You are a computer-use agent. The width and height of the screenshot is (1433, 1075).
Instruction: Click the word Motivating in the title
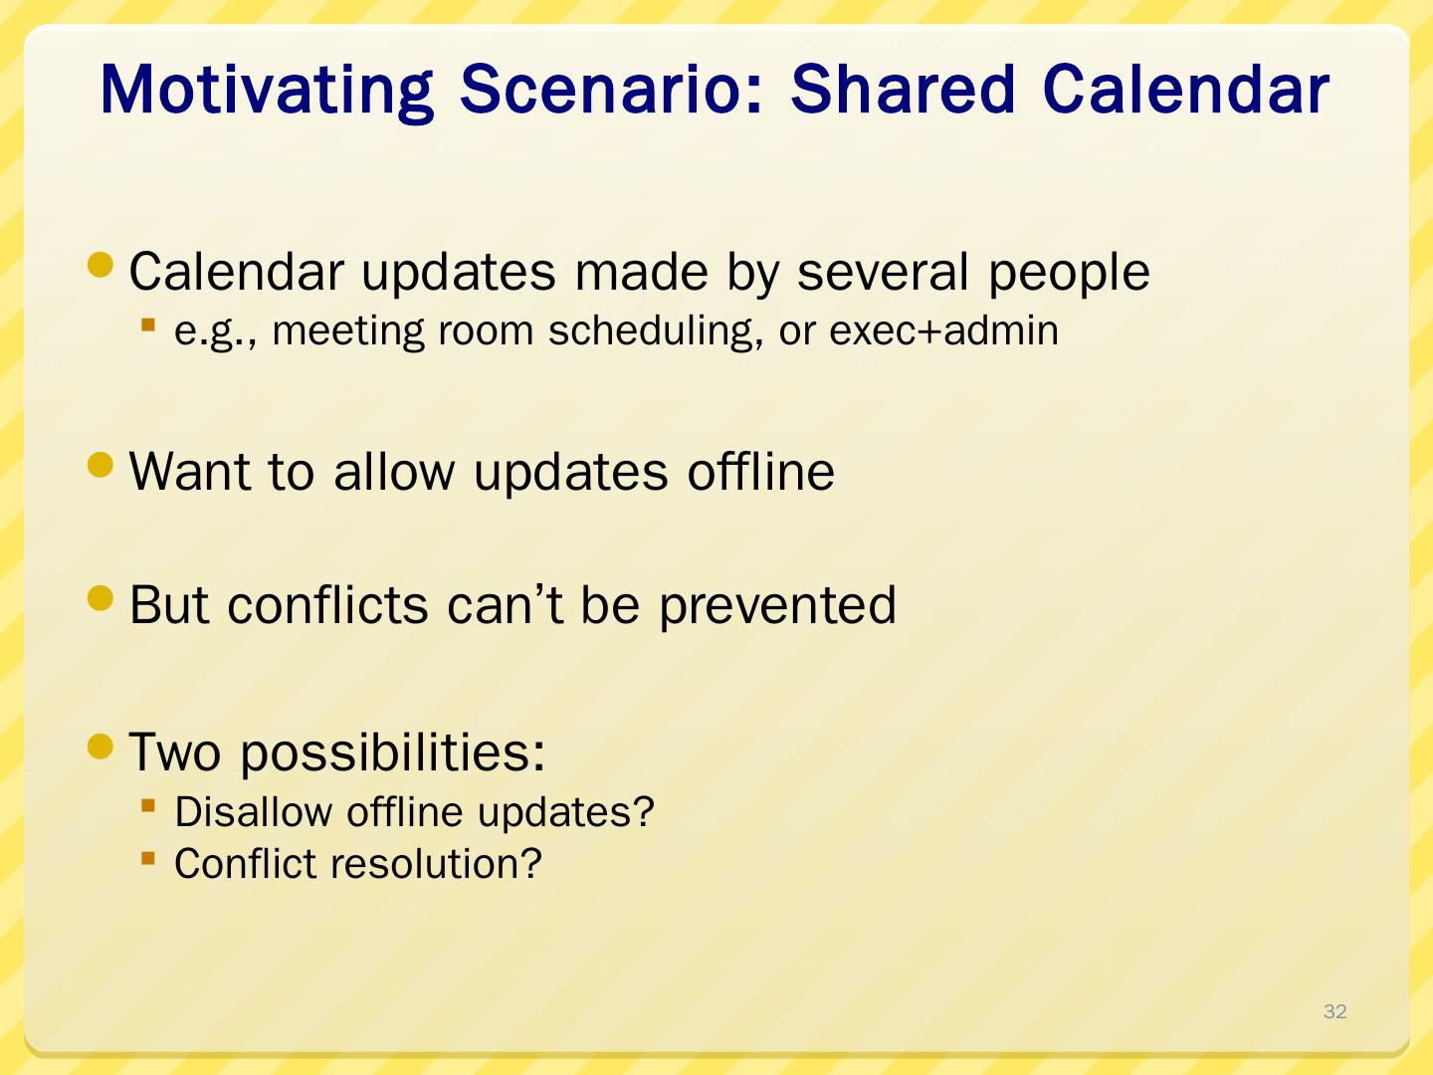[x=267, y=92]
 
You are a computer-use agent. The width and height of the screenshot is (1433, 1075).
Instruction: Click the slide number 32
[x=1335, y=1011]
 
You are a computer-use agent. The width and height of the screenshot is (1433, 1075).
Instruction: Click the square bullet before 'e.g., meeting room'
[x=148, y=324]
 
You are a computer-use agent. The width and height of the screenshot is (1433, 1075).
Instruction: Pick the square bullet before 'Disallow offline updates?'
[x=148, y=806]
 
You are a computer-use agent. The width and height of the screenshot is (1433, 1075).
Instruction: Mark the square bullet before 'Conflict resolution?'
[x=148, y=858]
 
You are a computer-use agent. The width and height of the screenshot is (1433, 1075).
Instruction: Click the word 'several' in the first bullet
[x=882, y=272]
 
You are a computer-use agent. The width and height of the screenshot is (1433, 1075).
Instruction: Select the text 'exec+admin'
[x=943, y=330]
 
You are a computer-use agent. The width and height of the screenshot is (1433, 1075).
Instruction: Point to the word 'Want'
[x=190, y=471]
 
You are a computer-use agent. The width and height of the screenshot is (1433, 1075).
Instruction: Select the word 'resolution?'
[x=436, y=864]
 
